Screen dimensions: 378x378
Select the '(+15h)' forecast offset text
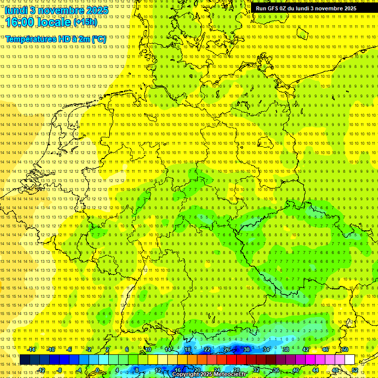[85, 22]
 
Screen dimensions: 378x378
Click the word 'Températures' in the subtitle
[30, 39]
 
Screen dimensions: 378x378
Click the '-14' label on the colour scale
[31, 349]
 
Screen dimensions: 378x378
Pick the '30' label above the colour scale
[247, 349]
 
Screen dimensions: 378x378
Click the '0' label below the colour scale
[97, 370]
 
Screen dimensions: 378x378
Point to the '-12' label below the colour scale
[41, 370]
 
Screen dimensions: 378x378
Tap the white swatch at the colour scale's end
[350, 360]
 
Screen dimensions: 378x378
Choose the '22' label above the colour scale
[207, 349]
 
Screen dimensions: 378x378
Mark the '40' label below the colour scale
[296, 370]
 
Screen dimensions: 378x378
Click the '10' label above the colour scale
[148, 349]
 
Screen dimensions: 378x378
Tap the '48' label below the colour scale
[335, 370]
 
